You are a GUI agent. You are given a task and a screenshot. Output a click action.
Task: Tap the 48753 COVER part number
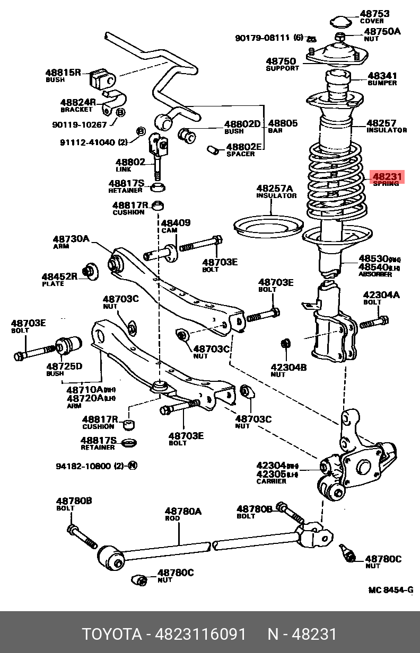[x=374, y=14]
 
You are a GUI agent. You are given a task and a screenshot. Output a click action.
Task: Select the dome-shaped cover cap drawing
[x=340, y=22]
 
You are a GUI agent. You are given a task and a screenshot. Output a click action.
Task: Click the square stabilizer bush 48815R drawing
[x=102, y=78]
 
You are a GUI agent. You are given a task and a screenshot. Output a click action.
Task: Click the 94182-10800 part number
[x=83, y=466]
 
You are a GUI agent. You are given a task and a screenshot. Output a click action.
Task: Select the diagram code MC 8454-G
[x=390, y=590]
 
